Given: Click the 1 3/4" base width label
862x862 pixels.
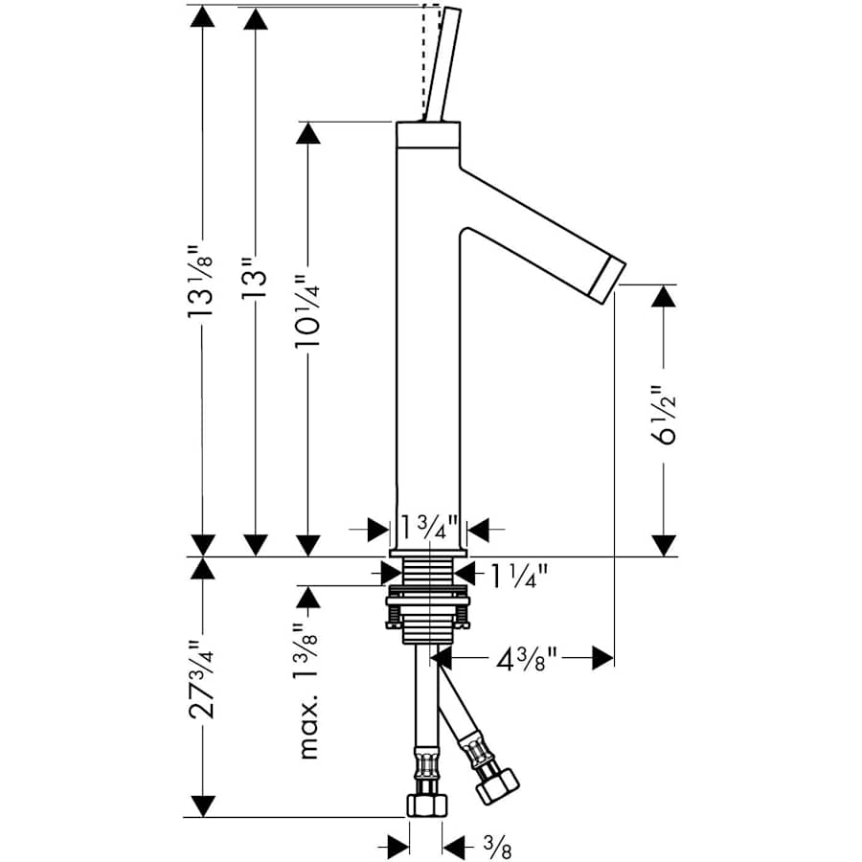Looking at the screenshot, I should point(428,528).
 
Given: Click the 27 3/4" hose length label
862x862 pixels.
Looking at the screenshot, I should point(202,681).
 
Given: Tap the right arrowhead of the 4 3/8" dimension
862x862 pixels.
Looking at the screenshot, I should point(601,657).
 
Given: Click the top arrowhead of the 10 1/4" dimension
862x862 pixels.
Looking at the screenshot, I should point(307,133).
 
